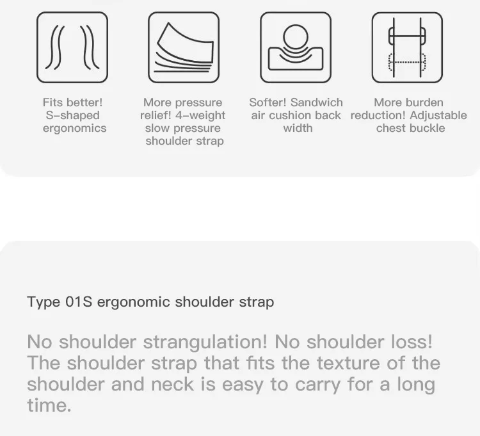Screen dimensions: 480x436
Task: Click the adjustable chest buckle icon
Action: tap(407, 47)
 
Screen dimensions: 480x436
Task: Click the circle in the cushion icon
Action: tap(296, 36)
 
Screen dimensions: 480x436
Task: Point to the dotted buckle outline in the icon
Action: tap(407, 63)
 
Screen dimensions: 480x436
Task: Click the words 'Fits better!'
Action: tap(72, 102)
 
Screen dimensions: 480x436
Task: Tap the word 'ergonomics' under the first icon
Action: tap(75, 128)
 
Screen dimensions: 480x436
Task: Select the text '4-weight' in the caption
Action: tap(200, 115)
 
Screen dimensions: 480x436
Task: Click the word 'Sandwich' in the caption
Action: tap(317, 102)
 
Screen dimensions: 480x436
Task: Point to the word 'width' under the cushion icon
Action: tap(298, 128)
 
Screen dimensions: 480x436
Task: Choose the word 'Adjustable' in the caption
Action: tap(438, 115)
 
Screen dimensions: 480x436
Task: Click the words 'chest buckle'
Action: tap(410, 128)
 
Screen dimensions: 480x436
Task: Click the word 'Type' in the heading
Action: tap(44, 302)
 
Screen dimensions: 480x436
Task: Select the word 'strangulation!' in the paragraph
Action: tap(205, 342)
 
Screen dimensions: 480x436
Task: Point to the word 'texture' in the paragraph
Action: tap(348, 363)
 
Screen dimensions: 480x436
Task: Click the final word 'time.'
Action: tap(49, 405)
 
